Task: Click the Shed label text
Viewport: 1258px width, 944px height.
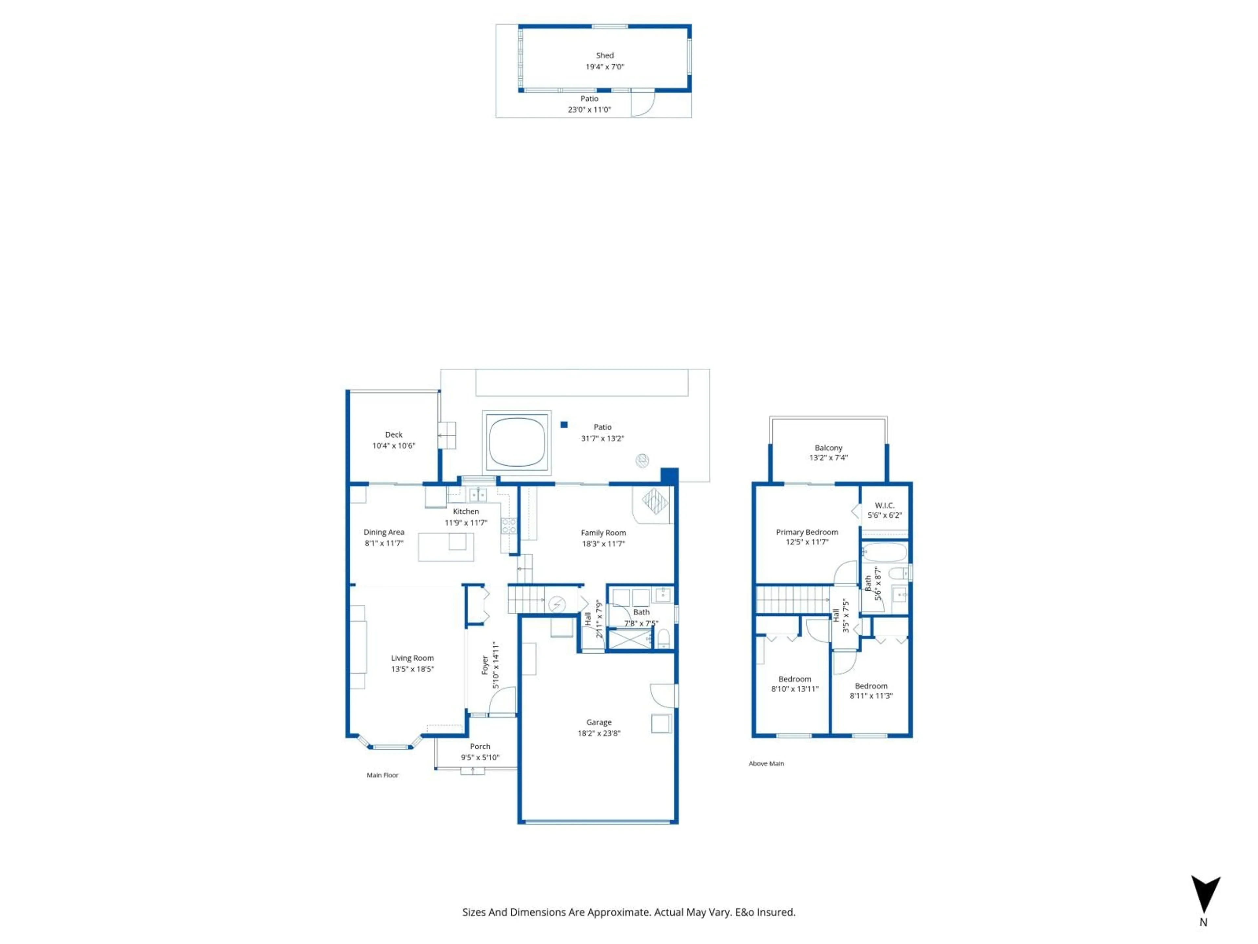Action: coord(604,55)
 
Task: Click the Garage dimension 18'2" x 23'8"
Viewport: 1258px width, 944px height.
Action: coord(599,734)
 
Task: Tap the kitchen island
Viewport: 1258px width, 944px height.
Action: coord(446,547)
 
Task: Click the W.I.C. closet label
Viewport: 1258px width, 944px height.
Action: coord(884,505)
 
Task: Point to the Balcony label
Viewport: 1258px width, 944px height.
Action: coord(828,448)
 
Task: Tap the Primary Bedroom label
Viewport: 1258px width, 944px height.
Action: coord(807,532)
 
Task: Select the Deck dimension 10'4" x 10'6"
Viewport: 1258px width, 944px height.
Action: coord(393,445)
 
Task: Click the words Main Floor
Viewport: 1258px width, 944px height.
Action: coord(382,775)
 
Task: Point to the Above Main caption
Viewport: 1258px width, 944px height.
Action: coord(766,764)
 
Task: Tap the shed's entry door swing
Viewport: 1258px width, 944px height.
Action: coord(643,104)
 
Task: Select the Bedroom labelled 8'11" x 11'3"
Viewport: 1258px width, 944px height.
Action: coord(871,686)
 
